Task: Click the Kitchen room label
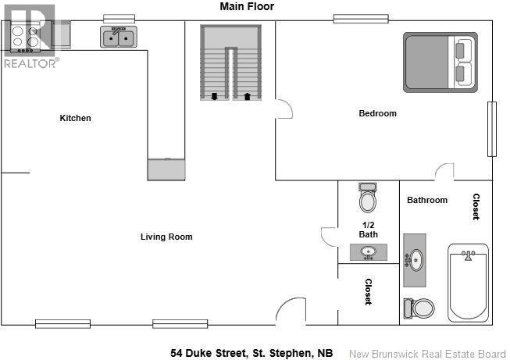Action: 76,118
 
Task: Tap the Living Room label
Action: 166,237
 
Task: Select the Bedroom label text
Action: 377,113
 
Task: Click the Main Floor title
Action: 247,6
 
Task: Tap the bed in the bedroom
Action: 440,62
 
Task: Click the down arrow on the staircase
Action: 215,96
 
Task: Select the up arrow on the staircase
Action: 248,96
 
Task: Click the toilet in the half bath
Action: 368,200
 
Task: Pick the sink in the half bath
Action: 368,252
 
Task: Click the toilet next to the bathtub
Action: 420,308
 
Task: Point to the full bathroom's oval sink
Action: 416,258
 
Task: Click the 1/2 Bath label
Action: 368,229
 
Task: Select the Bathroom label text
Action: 427,200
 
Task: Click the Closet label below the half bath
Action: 368,292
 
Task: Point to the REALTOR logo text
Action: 30,62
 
